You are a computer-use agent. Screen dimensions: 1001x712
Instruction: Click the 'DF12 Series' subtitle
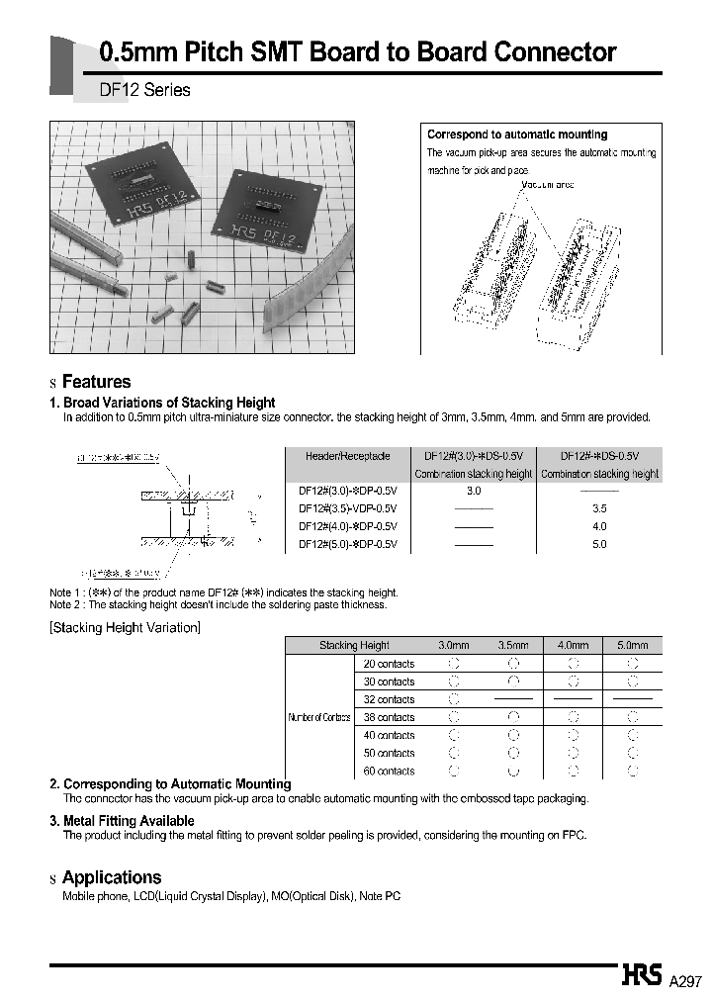click(144, 90)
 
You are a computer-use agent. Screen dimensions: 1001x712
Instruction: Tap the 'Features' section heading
click(96, 382)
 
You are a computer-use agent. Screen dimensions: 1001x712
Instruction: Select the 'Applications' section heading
click(111, 877)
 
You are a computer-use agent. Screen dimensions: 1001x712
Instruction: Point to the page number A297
click(684, 981)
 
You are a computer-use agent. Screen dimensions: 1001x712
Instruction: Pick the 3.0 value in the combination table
click(473, 491)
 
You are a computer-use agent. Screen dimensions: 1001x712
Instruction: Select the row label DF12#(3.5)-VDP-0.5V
click(347, 508)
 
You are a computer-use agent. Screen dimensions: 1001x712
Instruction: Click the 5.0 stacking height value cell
click(599, 544)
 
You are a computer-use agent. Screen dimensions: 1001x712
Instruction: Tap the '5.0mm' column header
click(633, 645)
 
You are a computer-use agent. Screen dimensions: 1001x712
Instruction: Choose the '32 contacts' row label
click(389, 699)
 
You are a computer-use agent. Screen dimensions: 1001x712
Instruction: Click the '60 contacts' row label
click(389, 771)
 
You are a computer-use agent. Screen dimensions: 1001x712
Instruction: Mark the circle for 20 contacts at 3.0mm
click(454, 664)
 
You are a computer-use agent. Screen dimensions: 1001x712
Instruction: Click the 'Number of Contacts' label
click(319, 717)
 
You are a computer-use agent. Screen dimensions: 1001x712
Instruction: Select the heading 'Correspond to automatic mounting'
click(517, 135)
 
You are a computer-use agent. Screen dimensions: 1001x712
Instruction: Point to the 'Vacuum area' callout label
click(546, 185)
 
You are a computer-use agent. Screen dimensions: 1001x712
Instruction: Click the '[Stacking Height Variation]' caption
click(125, 628)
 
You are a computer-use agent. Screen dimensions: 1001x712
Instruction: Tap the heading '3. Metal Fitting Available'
click(122, 821)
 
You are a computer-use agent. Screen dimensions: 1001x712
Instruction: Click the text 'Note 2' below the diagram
click(64, 604)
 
